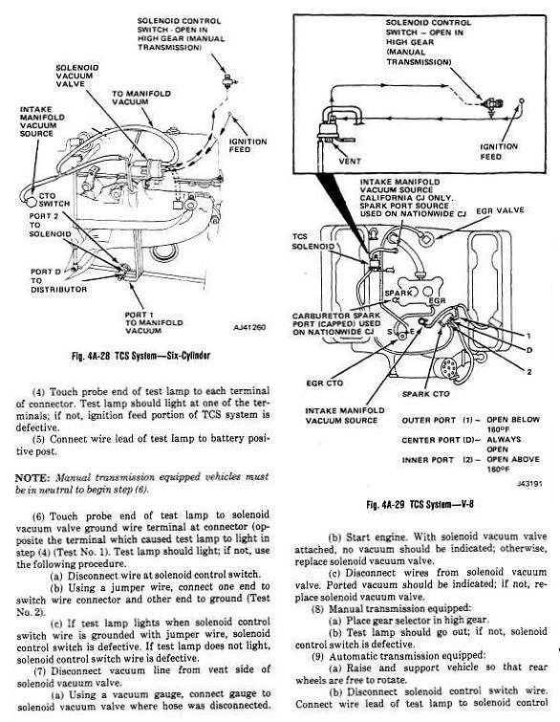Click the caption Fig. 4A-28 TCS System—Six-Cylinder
click(140, 356)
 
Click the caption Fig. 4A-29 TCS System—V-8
click(420, 504)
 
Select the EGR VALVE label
click(500, 210)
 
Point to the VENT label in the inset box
click(350, 162)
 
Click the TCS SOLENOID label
click(312, 241)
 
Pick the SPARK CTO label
click(425, 394)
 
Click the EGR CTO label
click(324, 383)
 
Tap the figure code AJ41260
click(249, 328)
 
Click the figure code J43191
click(529, 484)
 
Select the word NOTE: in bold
click(32, 477)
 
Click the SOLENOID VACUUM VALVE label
click(76, 76)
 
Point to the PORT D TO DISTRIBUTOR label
click(58, 280)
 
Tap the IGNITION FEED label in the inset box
click(498, 151)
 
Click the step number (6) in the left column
click(39, 515)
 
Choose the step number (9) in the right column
click(317, 656)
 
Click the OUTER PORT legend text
click(428, 421)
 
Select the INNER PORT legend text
click(427, 460)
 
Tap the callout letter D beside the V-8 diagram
click(529, 350)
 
